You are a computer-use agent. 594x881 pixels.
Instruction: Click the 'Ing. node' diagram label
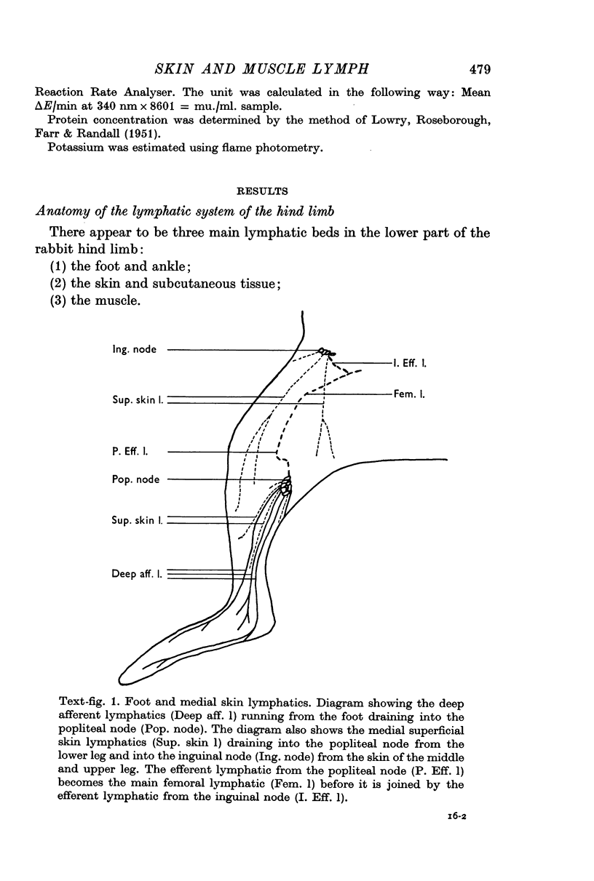click(134, 349)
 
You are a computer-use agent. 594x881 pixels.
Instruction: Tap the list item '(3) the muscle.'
click(96, 300)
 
